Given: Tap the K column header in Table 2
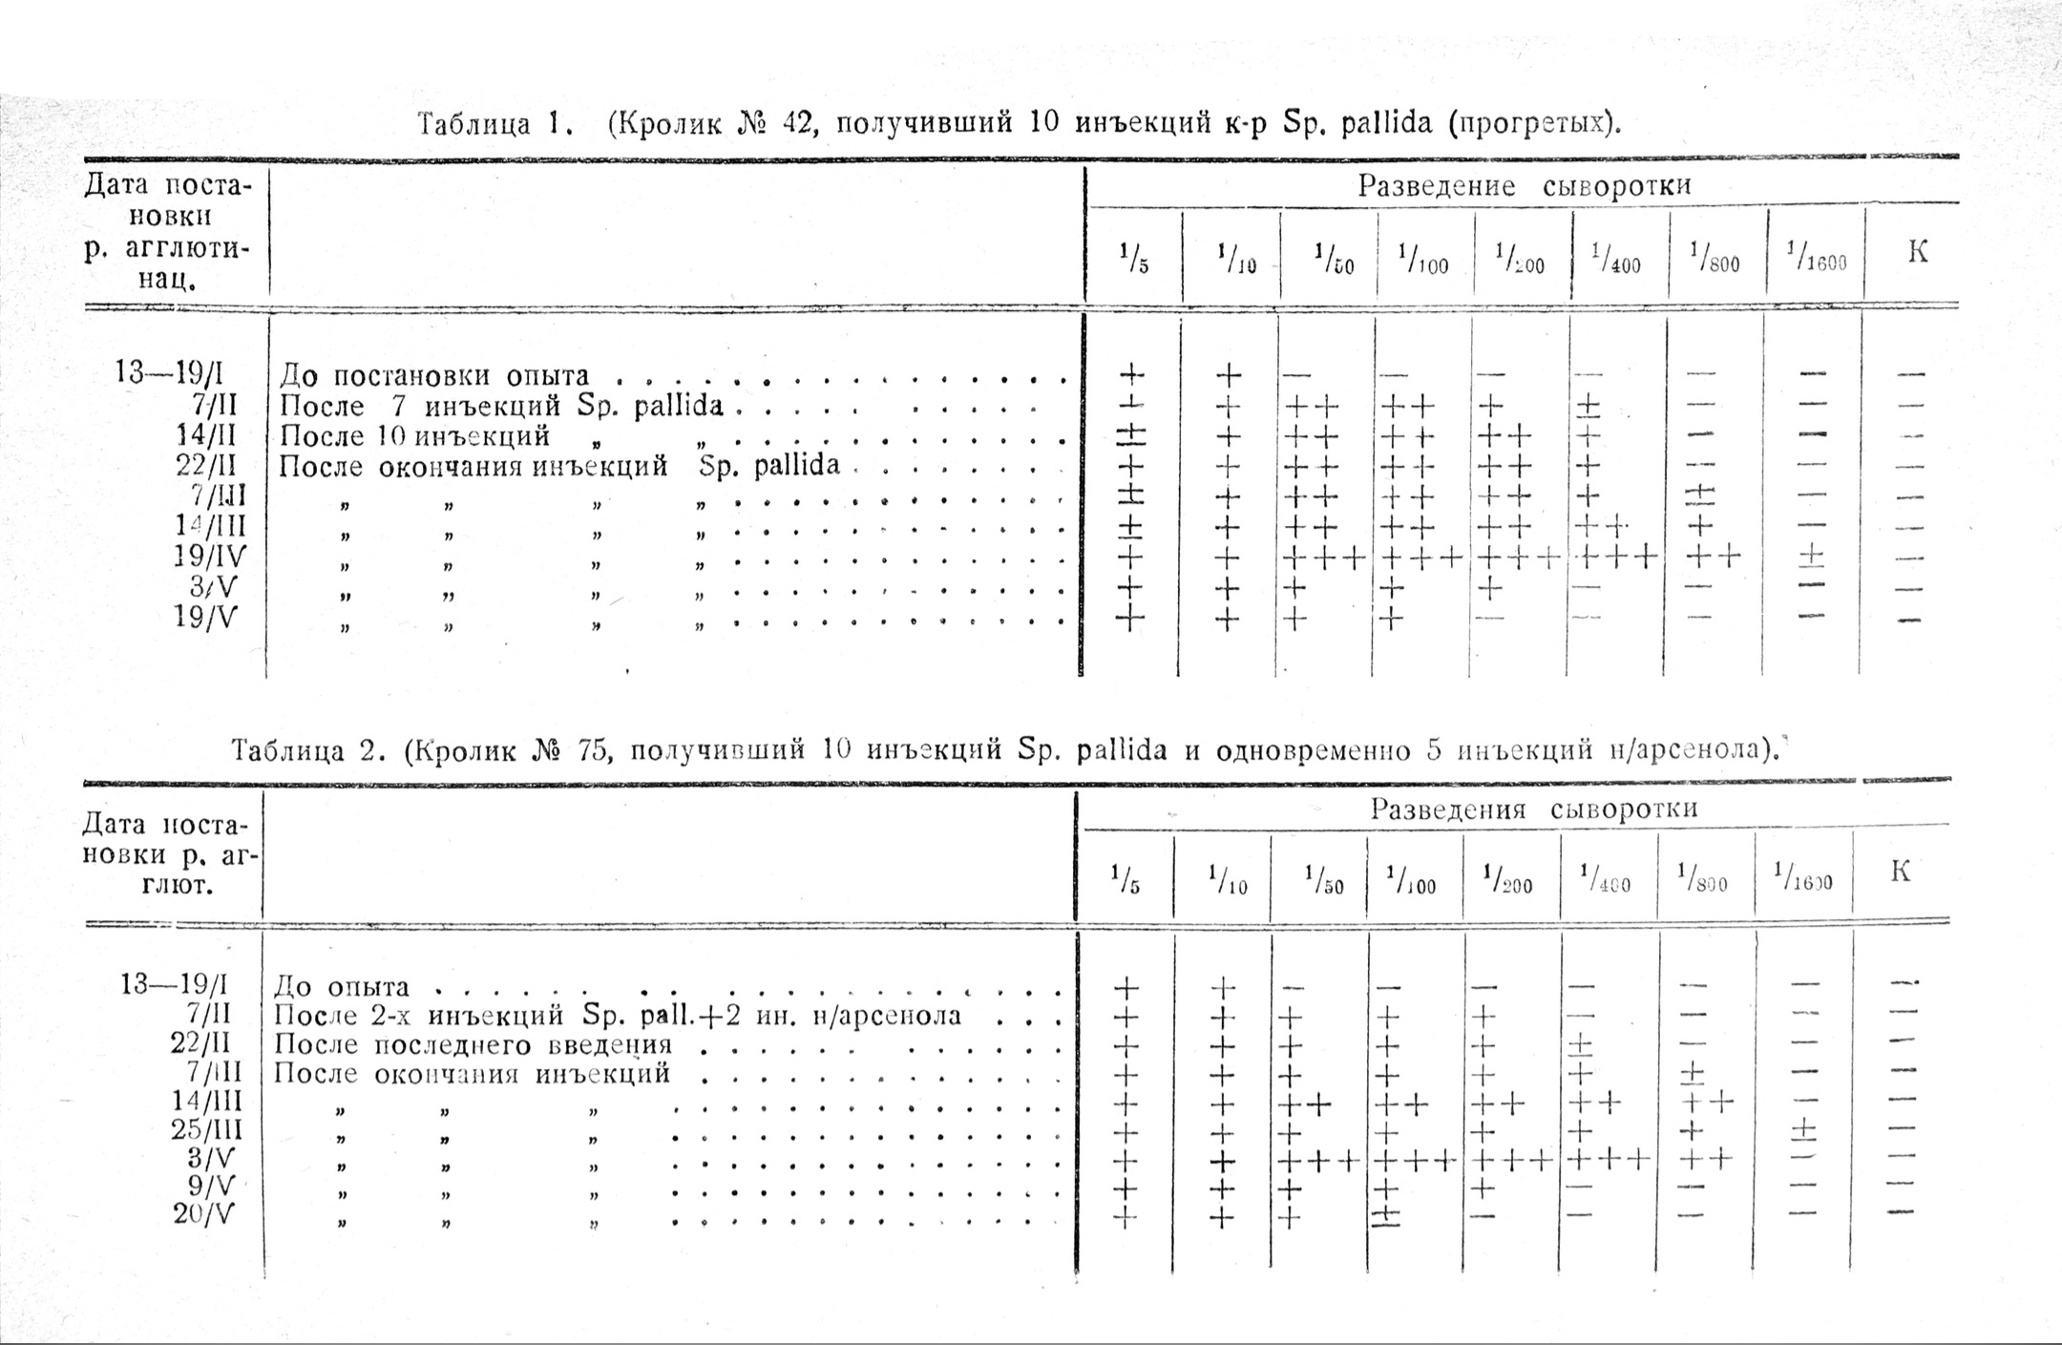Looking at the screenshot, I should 1900,872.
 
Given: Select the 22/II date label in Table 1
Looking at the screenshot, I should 207,467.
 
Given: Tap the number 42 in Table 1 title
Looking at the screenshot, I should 796,124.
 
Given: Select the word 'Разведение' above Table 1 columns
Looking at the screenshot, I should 1436,186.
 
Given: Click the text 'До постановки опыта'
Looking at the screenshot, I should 434,376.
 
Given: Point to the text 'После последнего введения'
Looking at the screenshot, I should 473,1045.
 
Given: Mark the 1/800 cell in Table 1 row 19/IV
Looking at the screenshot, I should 1713,556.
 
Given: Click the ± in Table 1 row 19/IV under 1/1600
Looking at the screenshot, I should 1811,557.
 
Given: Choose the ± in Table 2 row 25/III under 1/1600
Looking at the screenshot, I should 1803,1131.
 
